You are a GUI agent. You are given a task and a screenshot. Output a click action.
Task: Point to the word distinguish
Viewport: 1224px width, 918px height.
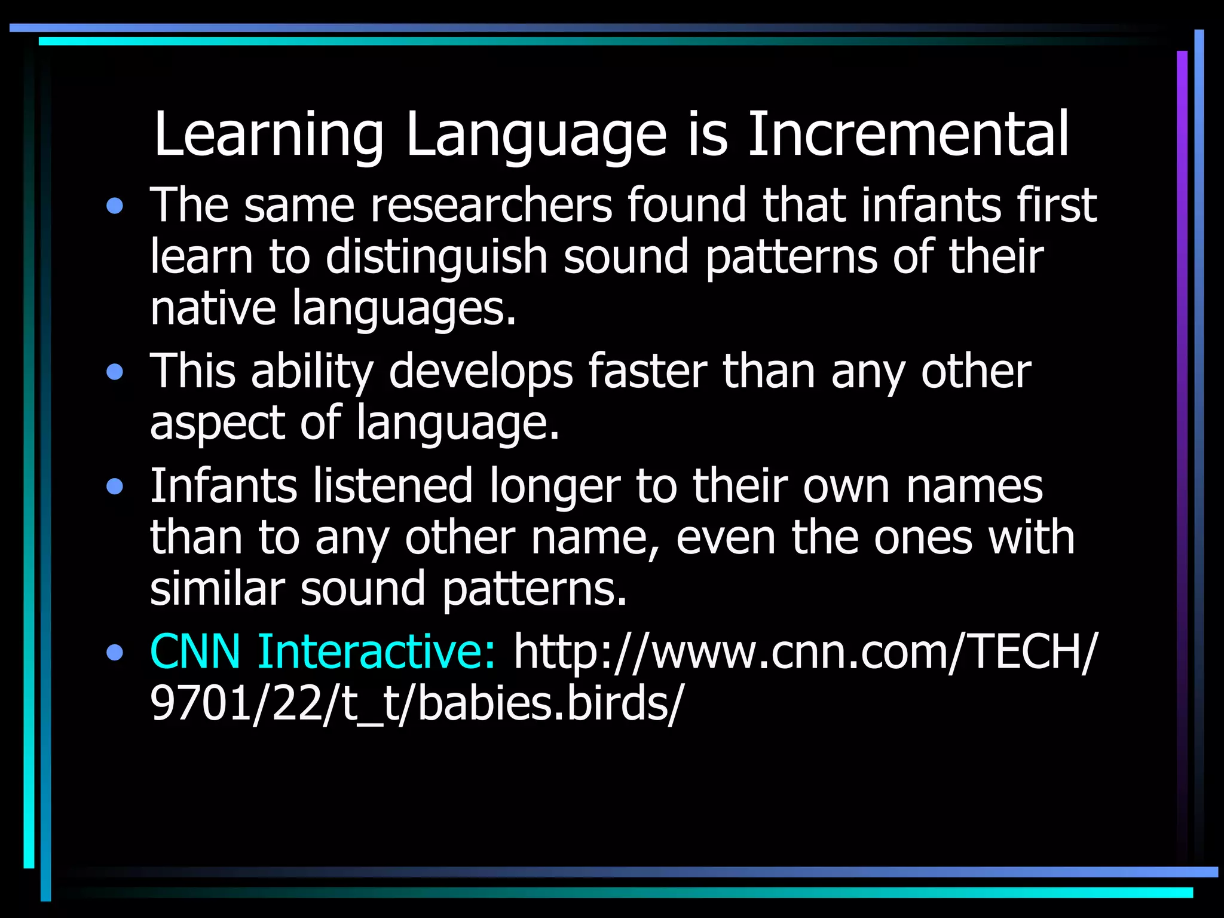437,257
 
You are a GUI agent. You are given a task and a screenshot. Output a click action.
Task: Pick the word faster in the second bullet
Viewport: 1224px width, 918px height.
648,371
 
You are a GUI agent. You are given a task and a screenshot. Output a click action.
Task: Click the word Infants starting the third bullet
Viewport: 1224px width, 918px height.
223,485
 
